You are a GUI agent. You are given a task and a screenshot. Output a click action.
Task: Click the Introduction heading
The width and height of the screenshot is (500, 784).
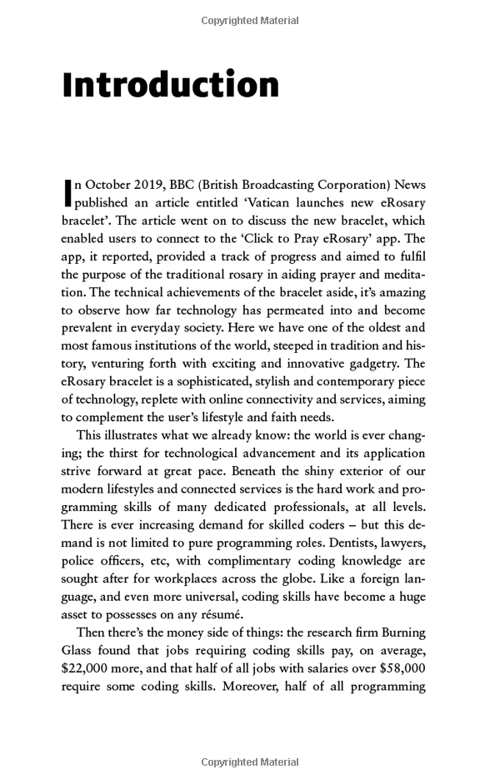coord(171,86)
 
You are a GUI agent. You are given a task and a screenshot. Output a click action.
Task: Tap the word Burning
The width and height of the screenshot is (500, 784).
coord(398,633)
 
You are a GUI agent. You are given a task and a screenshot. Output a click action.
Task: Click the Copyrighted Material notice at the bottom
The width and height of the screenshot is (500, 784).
coord(250,762)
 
